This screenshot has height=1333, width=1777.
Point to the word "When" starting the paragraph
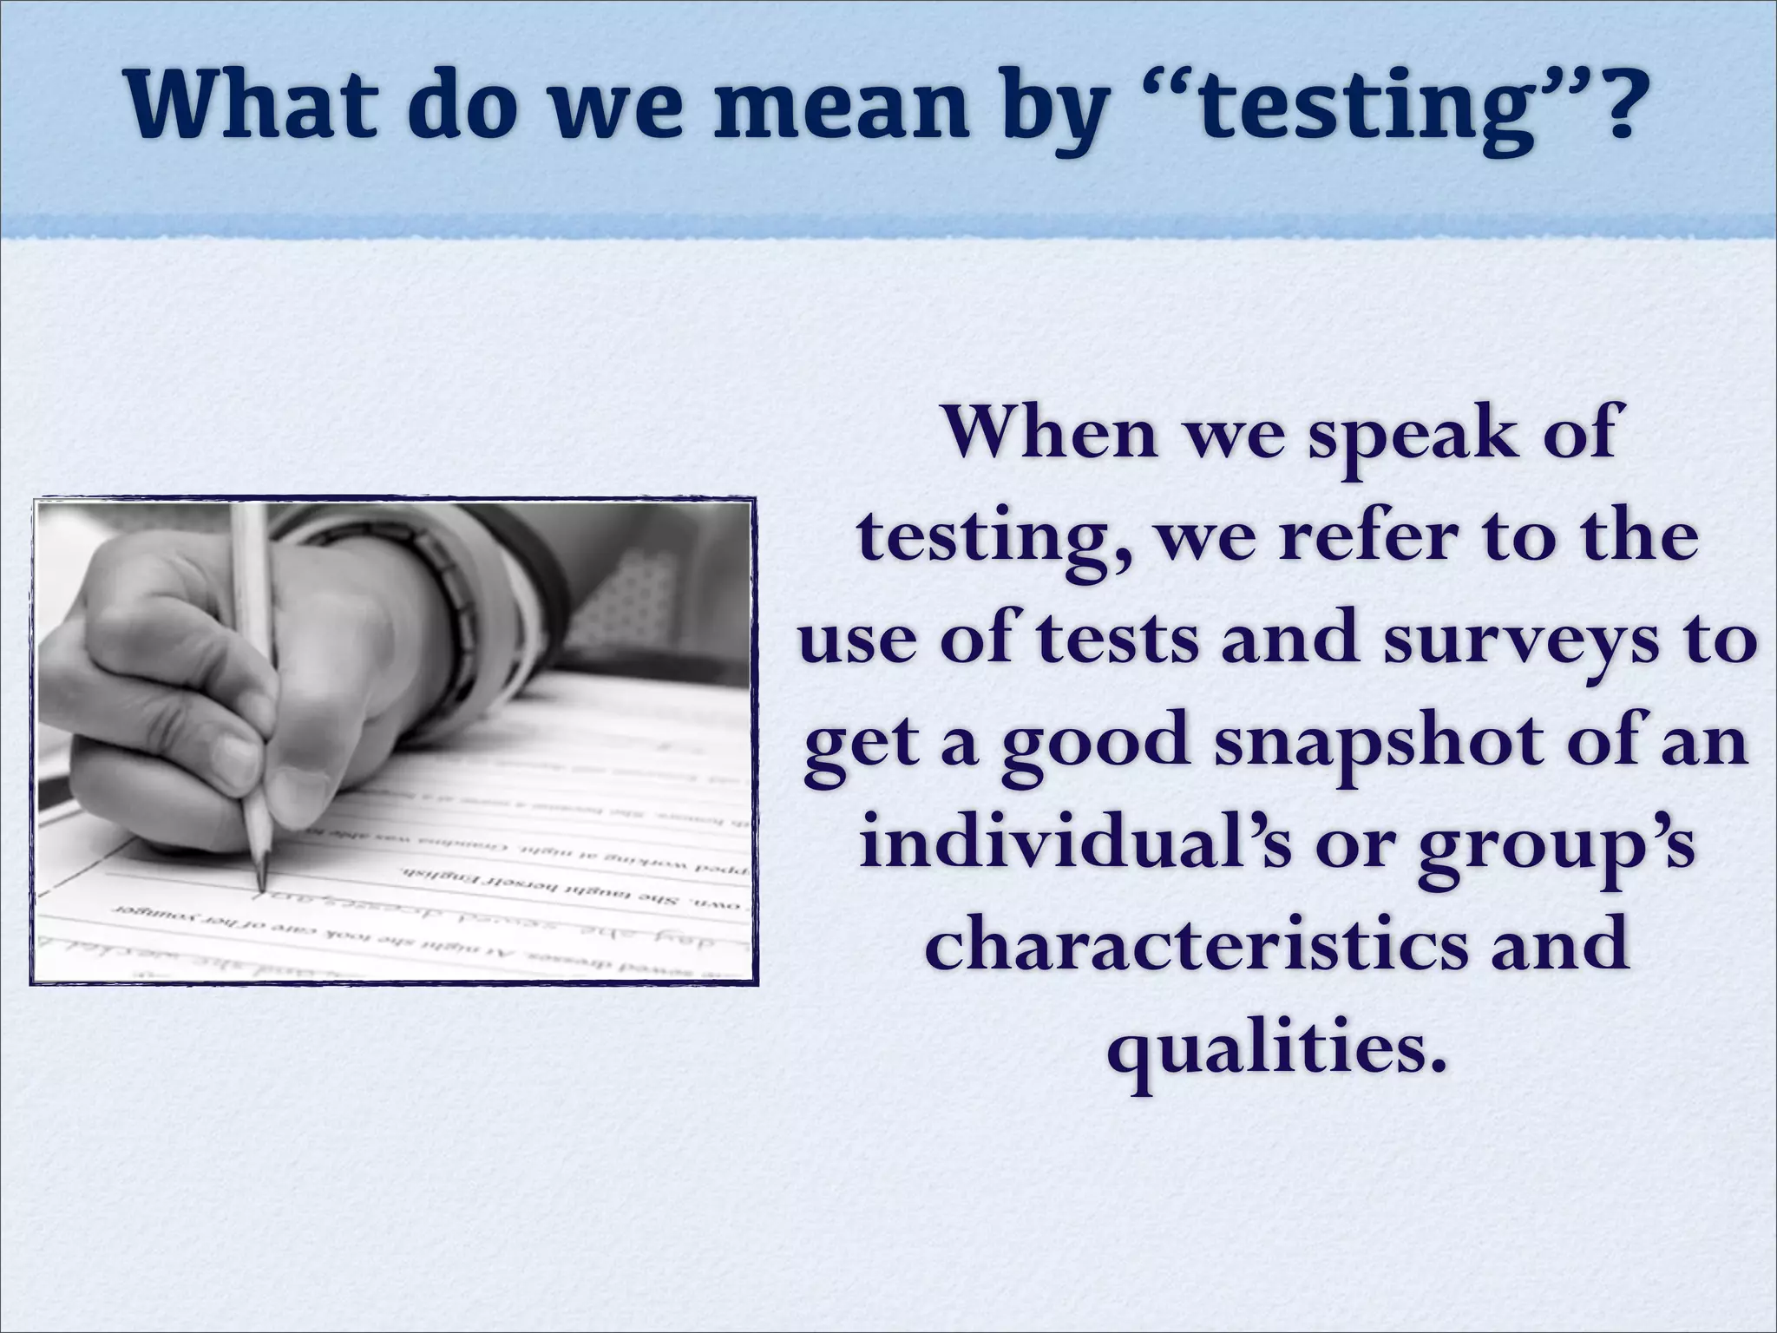1051,433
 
